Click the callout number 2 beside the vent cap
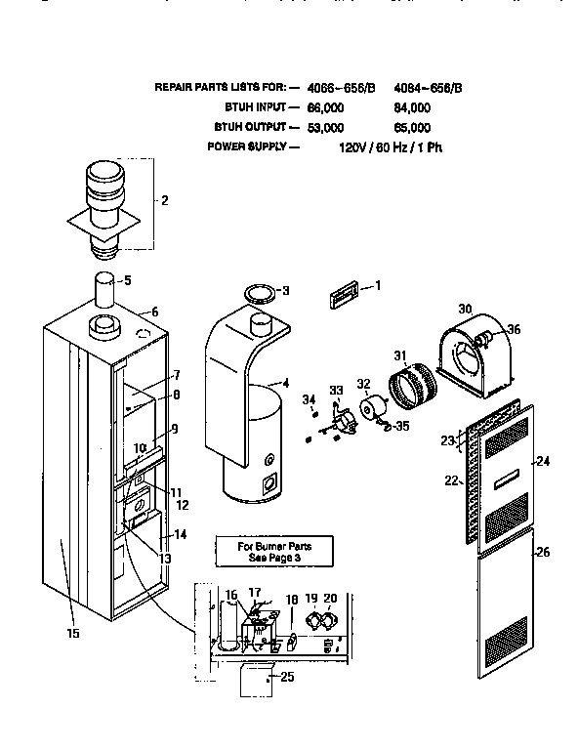click(x=164, y=201)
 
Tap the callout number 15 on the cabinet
click(x=73, y=633)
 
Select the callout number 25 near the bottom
click(x=286, y=677)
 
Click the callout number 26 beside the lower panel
click(x=544, y=552)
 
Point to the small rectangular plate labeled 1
click(x=342, y=290)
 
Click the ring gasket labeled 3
click(x=257, y=291)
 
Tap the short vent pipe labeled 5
click(x=106, y=292)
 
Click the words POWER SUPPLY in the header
click(x=246, y=146)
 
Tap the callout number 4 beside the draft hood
click(x=286, y=382)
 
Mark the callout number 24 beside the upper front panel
click(x=544, y=461)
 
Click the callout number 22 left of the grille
click(x=452, y=480)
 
